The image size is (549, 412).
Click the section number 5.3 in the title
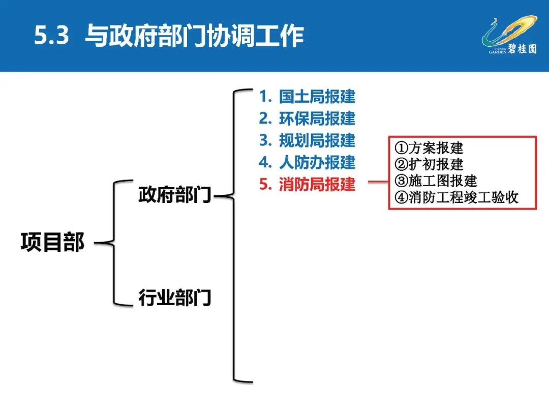coord(51,37)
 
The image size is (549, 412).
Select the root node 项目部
coord(52,243)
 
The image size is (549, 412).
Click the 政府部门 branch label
coord(175,195)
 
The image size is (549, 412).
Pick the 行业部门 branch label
coord(175,297)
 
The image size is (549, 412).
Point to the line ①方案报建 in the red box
coord(429,148)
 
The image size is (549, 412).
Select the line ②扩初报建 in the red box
coord(429,164)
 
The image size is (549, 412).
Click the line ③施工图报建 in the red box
coord(436,181)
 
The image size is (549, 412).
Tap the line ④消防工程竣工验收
coord(456,197)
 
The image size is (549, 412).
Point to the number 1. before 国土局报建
coord(264,97)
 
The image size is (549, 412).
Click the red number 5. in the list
coord(265,184)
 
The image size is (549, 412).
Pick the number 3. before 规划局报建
coord(265,140)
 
